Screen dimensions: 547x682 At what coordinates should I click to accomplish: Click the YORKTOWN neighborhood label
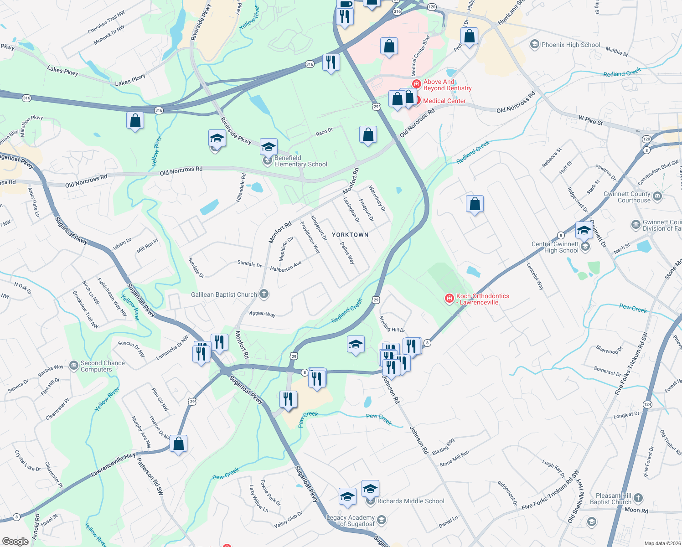click(x=350, y=235)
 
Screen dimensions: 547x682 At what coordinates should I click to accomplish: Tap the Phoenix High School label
click(x=571, y=45)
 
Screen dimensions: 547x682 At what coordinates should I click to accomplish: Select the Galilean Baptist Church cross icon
click(x=264, y=294)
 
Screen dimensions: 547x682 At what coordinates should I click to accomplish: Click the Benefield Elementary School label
click(x=300, y=161)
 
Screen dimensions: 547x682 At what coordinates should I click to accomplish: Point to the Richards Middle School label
click(x=411, y=501)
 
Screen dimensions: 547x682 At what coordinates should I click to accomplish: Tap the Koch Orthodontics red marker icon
click(x=449, y=299)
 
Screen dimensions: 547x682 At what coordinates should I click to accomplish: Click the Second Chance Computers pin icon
click(x=74, y=365)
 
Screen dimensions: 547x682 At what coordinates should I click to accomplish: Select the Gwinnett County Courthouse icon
click(x=657, y=196)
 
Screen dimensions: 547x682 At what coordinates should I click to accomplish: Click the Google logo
click(x=15, y=542)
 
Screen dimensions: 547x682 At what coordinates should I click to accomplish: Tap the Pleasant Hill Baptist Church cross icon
click(x=638, y=498)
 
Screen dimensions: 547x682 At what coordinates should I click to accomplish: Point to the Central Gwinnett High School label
click(x=555, y=247)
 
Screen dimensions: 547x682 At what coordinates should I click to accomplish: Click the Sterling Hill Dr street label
click(x=392, y=324)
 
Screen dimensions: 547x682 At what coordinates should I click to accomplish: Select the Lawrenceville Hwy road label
click(x=113, y=465)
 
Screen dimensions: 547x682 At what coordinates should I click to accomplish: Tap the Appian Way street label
click(x=262, y=314)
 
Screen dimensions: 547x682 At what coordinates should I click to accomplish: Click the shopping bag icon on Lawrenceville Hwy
click(x=179, y=444)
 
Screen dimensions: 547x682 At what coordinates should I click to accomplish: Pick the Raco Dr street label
click(x=324, y=132)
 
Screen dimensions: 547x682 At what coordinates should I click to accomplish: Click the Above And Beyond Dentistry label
click(x=447, y=85)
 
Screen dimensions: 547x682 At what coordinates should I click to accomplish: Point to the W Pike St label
click(x=590, y=120)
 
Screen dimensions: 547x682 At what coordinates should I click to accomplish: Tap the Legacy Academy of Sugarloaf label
click(x=351, y=521)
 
